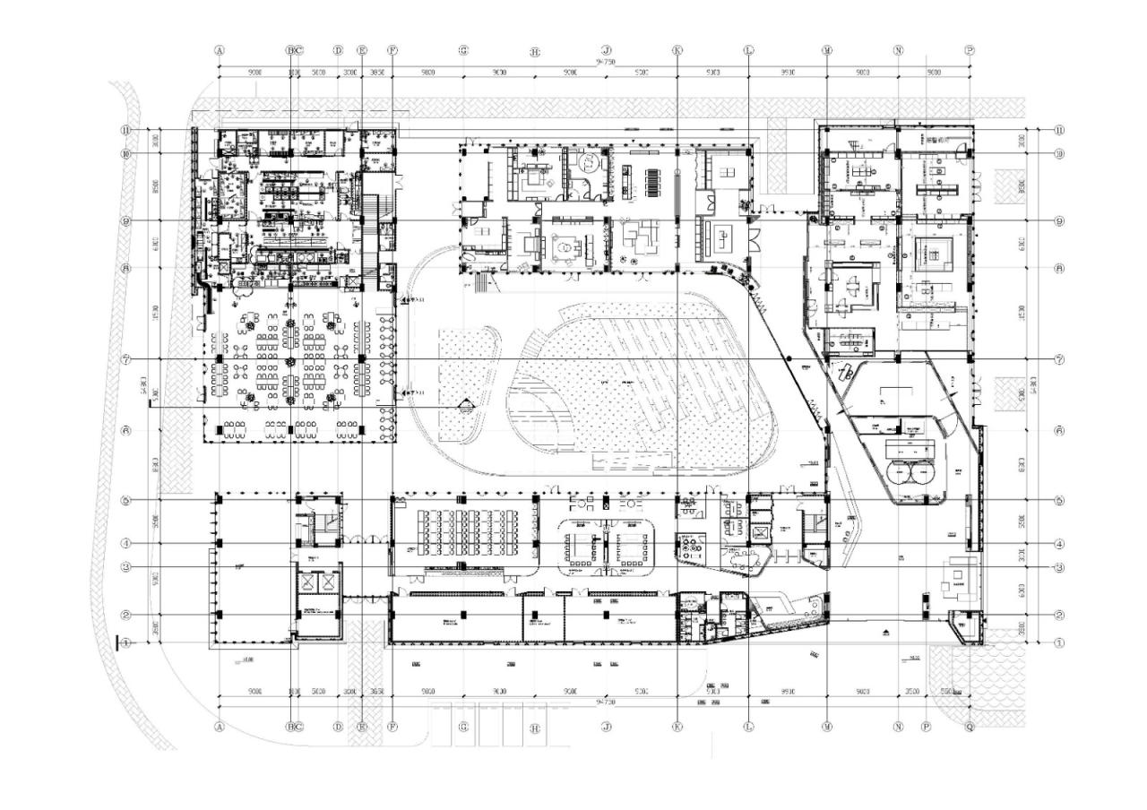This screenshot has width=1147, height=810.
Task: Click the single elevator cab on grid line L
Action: click(x=761, y=533)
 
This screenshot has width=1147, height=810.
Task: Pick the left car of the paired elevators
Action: click(x=309, y=582)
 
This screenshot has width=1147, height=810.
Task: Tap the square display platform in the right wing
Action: click(x=932, y=255)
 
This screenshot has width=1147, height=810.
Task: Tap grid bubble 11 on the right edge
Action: click(x=1059, y=130)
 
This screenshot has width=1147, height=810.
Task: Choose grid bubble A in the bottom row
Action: click(x=219, y=727)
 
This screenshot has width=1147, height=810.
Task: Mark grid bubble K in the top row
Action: click(x=677, y=51)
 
